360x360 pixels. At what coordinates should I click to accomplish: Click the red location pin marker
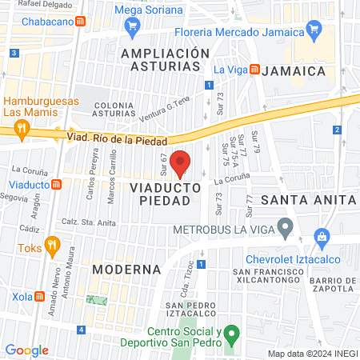pos(181,163)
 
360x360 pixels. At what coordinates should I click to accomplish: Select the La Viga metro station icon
pos(254,70)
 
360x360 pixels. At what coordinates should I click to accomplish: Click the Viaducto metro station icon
pos(56,185)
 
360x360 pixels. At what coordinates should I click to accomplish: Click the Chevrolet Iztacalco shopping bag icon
pos(322,237)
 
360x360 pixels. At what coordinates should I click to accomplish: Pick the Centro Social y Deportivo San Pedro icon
pos(230,332)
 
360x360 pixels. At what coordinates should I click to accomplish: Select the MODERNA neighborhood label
pos(121,269)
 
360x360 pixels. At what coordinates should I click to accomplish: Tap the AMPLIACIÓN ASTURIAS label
pos(165,60)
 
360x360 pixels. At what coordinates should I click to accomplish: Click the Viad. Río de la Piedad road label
pos(111,137)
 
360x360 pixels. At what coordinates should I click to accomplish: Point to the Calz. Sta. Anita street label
pos(90,223)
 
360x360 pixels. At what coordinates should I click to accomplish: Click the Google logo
pos(26,350)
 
